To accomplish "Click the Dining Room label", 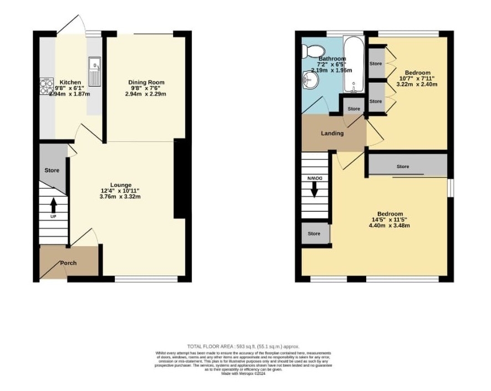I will [x=146, y=83].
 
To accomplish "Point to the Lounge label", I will [x=120, y=185].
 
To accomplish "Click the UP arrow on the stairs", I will [x=53, y=206].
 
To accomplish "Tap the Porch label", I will [x=68, y=263].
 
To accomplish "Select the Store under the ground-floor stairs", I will [x=52, y=170].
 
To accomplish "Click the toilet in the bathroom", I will [x=308, y=50].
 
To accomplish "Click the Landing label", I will [x=332, y=133].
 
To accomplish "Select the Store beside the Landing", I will [x=353, y=109].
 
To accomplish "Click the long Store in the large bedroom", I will [x=403, y=166].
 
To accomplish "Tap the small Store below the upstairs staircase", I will [x=314, y=233].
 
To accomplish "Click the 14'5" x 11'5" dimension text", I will [x=390, y=219].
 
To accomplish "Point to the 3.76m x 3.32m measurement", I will [x=120, y=197].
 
